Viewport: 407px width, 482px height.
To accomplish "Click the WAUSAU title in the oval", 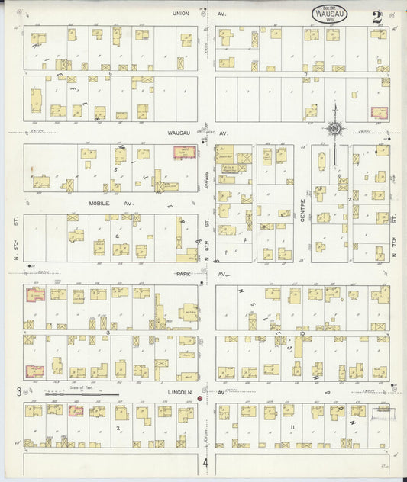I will click(x=331, y=14).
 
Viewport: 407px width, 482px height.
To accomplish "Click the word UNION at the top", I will click(x=180, y=13).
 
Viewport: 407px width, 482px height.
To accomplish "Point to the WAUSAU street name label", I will click(x=178, y=132).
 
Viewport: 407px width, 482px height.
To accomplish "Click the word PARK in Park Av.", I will click(x=183, y=273).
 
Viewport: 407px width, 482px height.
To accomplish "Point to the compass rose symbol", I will click(x=334, y=129).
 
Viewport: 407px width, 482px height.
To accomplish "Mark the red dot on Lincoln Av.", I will click(x=200, y=398).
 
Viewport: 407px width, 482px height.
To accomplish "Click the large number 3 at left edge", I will click(x=17, y=392).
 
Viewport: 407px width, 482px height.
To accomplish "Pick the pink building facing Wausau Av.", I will click(x=183, y=153).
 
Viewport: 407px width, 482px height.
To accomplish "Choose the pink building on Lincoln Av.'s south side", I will click(x=76, y=411).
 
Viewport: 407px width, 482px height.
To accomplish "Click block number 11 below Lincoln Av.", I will click(x=292, y=427).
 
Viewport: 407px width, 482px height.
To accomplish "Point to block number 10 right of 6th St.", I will click(x=303, y=333).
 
